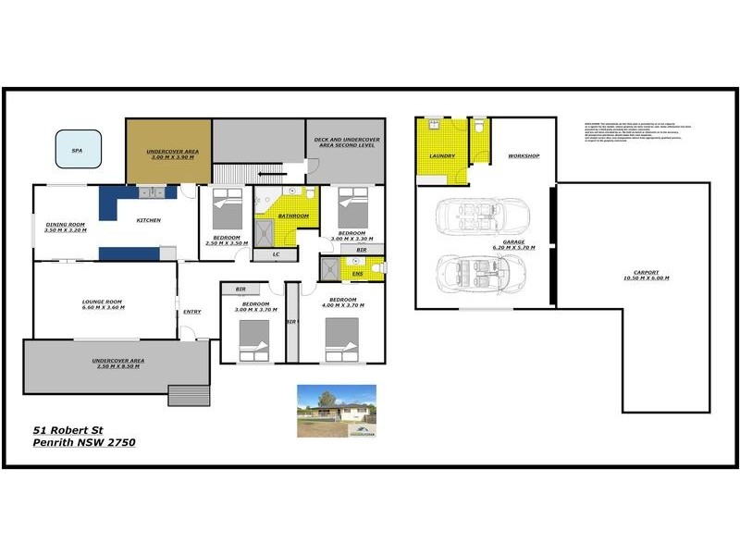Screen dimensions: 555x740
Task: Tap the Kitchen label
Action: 149,220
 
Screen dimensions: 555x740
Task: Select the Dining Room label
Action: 65,224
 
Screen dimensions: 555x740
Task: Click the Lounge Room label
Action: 102,302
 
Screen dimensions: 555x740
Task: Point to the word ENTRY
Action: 192,312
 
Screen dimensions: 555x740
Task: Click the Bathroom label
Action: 292,216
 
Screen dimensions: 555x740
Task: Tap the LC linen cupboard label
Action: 276,253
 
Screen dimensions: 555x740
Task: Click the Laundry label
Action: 442,156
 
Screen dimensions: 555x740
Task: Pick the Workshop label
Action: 524,156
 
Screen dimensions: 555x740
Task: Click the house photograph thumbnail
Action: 336,411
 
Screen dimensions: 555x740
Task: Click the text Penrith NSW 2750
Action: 84,443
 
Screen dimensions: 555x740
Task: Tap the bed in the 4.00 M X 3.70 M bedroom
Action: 341,339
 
